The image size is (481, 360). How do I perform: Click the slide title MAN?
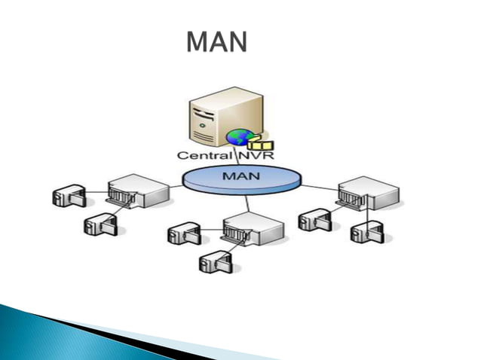pos(216,42)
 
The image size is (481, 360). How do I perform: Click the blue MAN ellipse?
pos(232,181)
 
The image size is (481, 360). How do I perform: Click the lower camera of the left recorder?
pos(99,224)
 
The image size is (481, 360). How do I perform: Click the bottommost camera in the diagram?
pos(214,262)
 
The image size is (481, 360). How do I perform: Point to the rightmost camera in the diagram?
pos(369,232)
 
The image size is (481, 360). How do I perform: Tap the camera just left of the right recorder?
pos(313,220)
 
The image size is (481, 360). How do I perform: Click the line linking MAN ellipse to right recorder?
pos(317,186)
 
